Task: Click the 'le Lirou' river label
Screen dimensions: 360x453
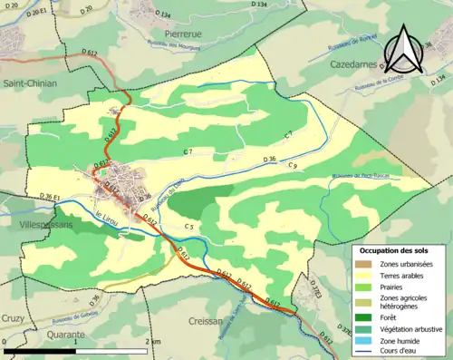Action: point(107,215)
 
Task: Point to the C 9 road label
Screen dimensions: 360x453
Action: point(293,166)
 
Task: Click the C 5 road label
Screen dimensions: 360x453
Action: point(189,226)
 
